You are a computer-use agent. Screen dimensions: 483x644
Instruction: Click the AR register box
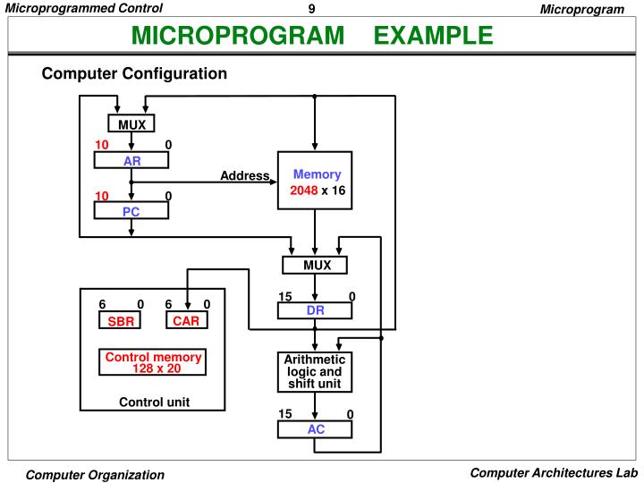(131, 161)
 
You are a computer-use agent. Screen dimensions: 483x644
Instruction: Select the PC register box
(131, 211)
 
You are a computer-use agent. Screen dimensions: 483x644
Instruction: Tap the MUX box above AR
(131, 124)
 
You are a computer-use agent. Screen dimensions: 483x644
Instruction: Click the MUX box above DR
(315, 266)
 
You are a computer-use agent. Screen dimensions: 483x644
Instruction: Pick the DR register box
(315, 311)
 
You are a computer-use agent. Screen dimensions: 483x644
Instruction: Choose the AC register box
(315, 429)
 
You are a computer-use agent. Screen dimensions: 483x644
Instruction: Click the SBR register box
(120, 321)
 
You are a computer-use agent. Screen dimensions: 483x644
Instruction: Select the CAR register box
(186, 321)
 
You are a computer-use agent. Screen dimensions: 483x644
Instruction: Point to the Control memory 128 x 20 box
(153, 362)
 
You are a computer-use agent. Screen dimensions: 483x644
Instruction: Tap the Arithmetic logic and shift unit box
(315, 372)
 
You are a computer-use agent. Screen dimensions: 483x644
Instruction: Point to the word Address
(245, 175)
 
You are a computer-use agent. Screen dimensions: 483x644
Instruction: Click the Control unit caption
(154, 402)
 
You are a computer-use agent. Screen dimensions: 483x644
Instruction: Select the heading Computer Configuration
(134, 73)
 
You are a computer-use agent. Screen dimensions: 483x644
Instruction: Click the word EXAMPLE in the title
(433, 36)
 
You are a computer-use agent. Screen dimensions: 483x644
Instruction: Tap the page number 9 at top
(311, 9)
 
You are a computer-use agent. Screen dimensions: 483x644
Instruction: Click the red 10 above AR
(102, 145)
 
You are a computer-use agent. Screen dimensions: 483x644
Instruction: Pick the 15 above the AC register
(285, 413)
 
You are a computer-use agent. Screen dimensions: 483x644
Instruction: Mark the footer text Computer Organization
(95, 475)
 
